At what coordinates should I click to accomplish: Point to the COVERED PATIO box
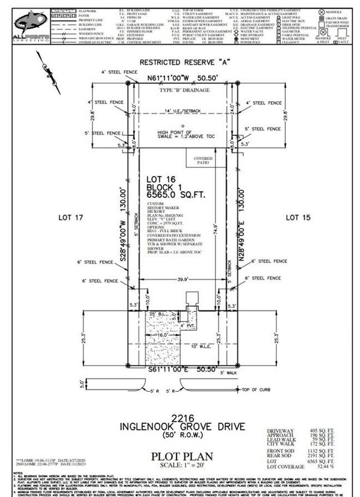pyautogui.click(x=203, y=160)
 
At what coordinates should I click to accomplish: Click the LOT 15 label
pyautogui.click(x=299, y=218)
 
